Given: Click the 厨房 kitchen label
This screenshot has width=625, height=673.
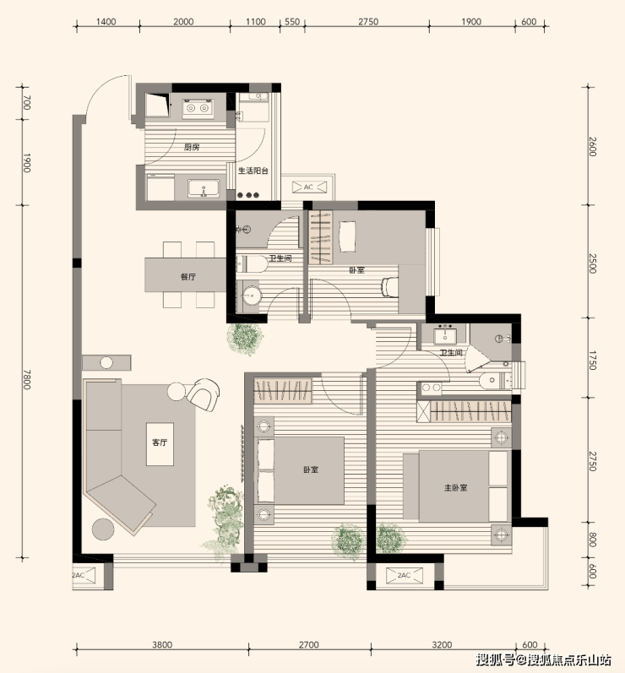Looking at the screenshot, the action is point(192,147).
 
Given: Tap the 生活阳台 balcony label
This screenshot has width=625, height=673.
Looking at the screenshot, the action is point(253,171).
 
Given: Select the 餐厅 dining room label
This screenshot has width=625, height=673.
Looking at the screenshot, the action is point(188,277).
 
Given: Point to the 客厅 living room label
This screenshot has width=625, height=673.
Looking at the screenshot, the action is point(160,442).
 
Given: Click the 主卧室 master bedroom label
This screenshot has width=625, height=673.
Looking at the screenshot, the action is point(455,488).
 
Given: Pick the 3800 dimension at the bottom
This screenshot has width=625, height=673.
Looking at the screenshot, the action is point(162,644).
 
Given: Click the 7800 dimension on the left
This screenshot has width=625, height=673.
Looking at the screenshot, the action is point(27,379).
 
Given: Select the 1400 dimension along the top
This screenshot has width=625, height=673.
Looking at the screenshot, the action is point(106,21).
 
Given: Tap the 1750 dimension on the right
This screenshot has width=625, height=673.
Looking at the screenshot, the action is point(593,361).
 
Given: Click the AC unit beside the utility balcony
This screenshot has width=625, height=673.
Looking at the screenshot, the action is point(308,187).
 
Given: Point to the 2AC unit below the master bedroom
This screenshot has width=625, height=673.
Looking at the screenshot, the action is point(404,576).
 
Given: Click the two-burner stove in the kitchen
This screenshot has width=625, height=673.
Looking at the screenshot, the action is point(198,108).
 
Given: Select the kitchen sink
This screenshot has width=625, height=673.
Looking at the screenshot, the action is point(204,189).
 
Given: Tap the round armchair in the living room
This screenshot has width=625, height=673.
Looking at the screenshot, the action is point(203,394).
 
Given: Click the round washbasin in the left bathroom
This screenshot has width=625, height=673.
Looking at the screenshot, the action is point(250,296).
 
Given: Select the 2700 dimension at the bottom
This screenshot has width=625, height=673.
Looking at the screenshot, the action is point(309,644).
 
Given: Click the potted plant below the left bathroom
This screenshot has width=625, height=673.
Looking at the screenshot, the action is point(244,339).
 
